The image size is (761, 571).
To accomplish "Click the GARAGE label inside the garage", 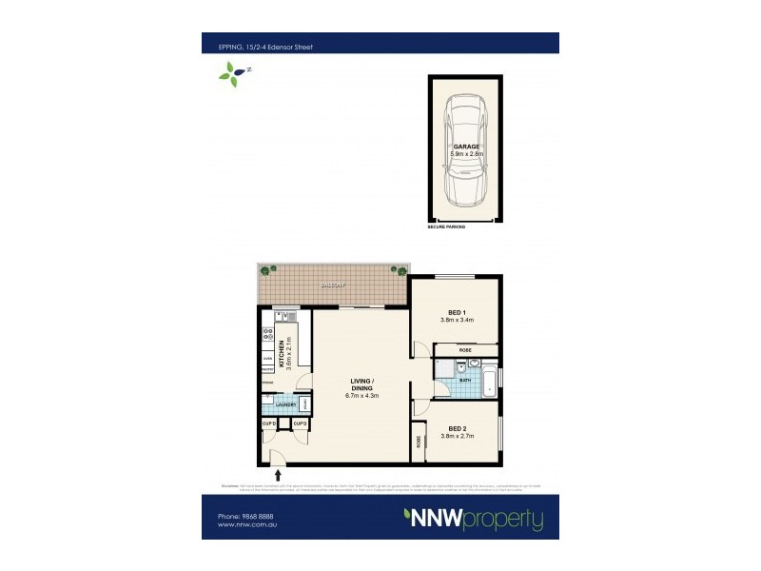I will [x=466, y=146].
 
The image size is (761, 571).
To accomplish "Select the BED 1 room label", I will [x=457, y=312].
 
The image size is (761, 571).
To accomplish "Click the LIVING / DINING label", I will [x=361, y=385].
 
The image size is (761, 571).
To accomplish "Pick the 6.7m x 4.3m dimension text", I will [x=361, y=397].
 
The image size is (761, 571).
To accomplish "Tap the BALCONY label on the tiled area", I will [x=332, y=285].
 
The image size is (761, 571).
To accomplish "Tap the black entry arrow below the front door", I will [x=278, y=473].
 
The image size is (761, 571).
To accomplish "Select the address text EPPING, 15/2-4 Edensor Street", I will [x=258, y=43].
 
